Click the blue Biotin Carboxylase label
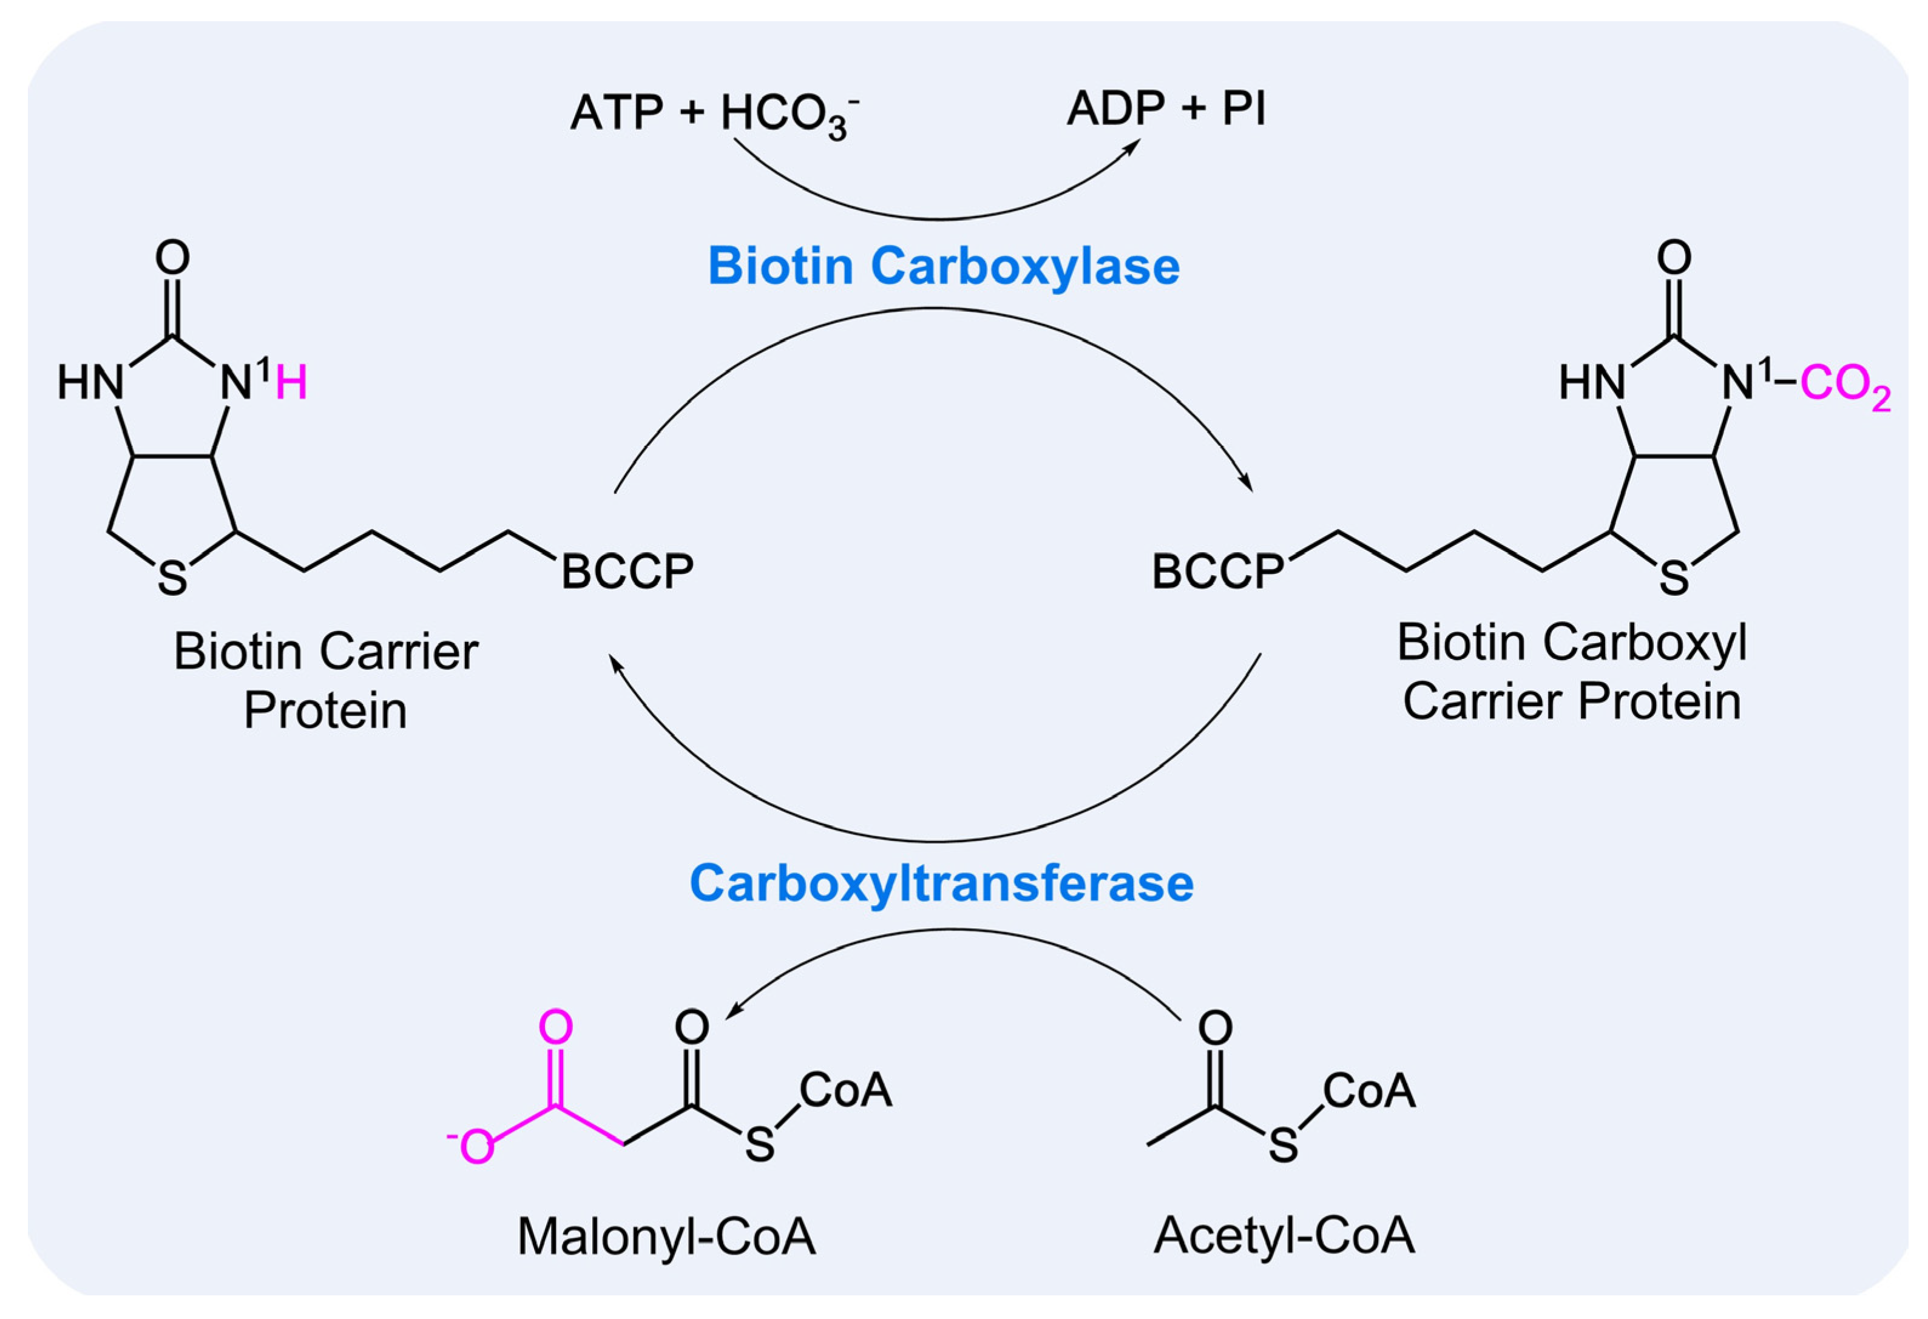pyautogui.click(x=943, y=266)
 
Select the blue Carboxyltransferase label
pyautogui.click(x=942, y=883)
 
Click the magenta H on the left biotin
pyautogui.click(x=291, y=384)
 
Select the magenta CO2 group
pyautogui.click(x=1844, y=385)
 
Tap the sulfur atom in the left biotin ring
pyautogui.click(x=172, y=578)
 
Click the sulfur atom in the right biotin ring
pyautogui.click(x=1673, y=578)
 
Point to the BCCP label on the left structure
pyautogui.click(x=627, y=572)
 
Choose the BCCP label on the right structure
pyautogui.click(x=1217, y=572)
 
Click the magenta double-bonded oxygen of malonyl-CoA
pyautogui.click(x=555, y=1027)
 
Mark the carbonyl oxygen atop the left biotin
pyautogui.click(x=172, y=258)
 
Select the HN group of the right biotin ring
pyautogui.click(x=1591, y=384)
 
